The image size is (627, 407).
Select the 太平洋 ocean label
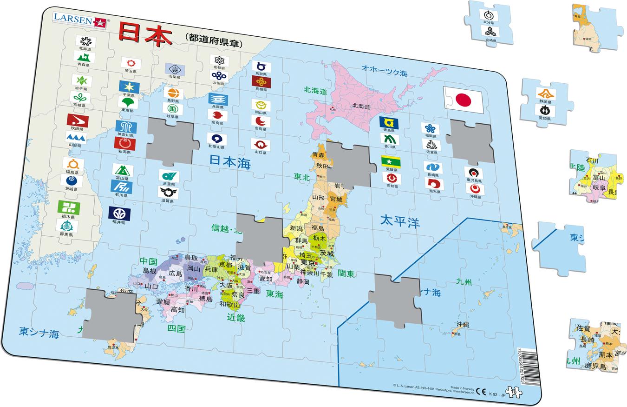(399, 221)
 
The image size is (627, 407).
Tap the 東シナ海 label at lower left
(39, 334)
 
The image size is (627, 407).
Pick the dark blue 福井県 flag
(119, 214)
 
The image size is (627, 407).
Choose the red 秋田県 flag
(78, 121)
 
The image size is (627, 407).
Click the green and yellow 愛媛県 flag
(391, 161)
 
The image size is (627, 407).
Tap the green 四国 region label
(176, 329)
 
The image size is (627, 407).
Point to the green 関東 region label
(346, 273)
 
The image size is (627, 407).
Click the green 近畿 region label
(236, 318)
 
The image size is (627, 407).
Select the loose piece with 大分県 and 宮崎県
(489, 23)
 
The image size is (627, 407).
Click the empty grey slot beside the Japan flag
(470, 142)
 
